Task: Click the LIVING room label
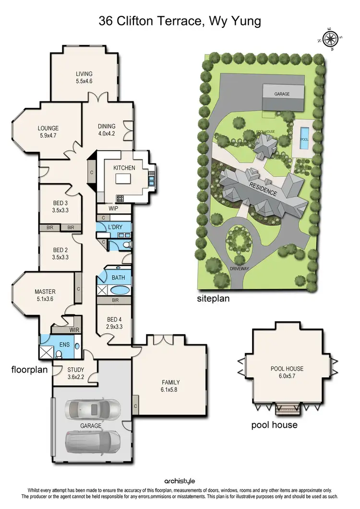84,78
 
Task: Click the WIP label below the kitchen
113,209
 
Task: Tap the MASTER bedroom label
45,295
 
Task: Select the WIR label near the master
74,329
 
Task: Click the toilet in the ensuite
59,354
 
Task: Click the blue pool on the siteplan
304,139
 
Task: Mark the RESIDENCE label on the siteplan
263,187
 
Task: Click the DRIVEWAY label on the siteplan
240,268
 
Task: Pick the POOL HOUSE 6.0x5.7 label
287,372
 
